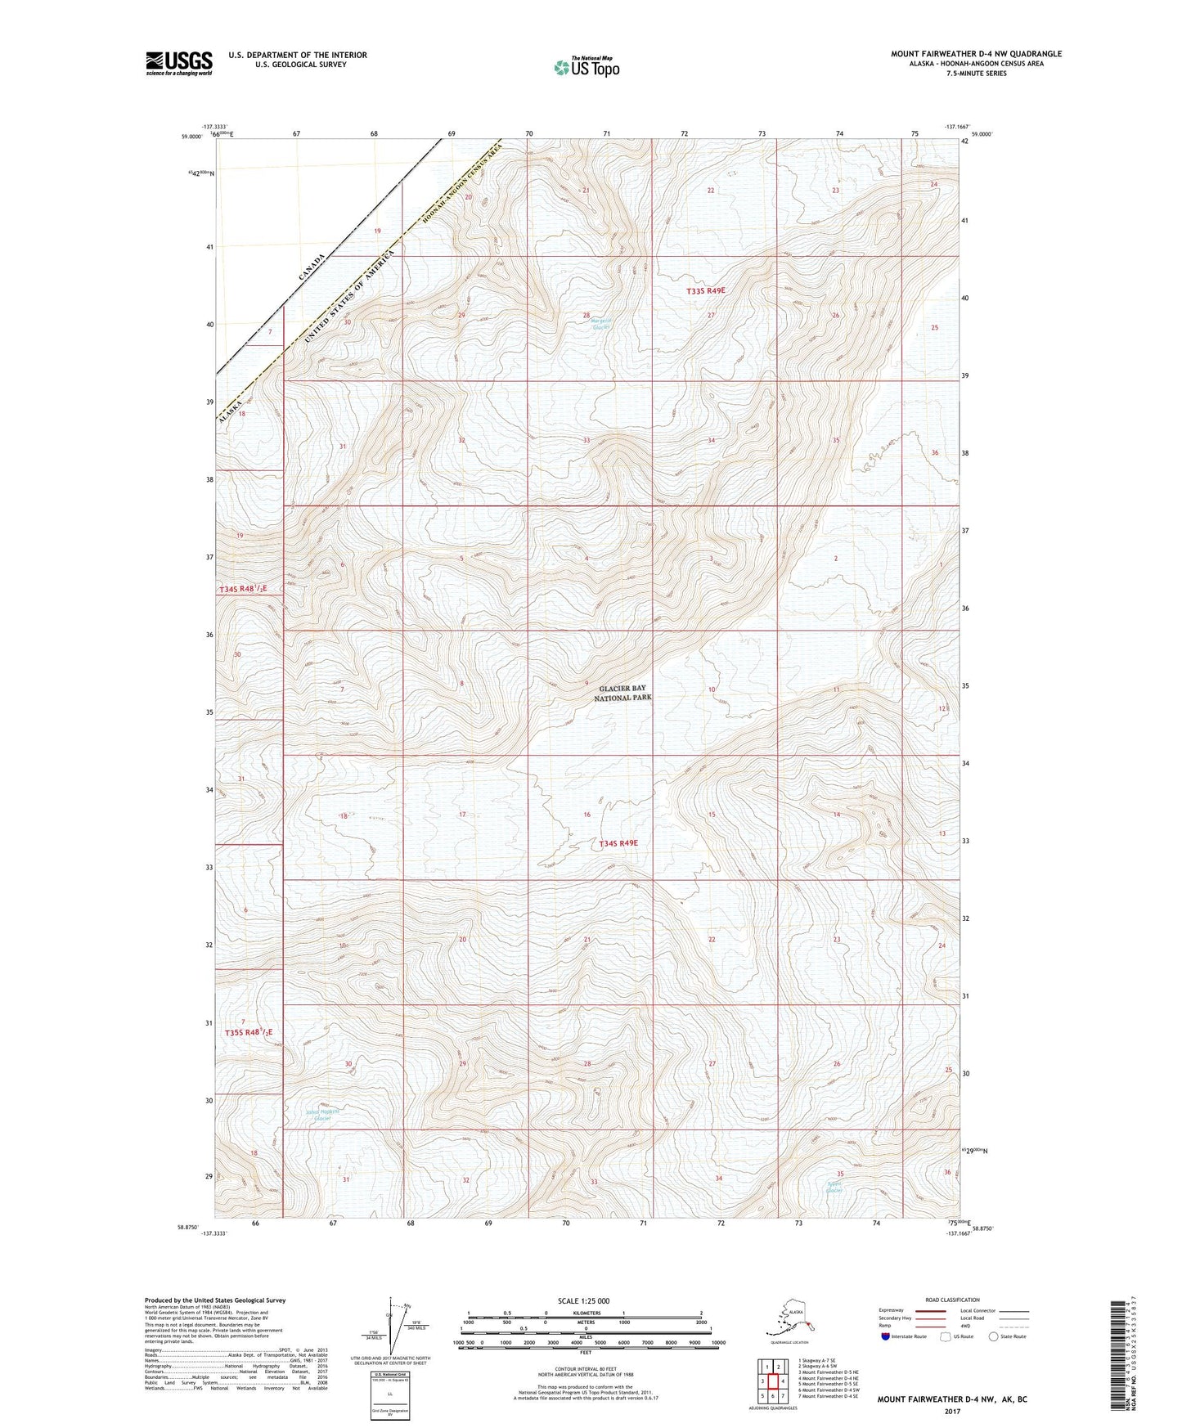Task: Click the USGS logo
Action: tap(179, 63)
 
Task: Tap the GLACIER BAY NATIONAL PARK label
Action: tap(626, 694)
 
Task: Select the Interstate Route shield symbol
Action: tap(887, 1336)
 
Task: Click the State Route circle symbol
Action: tap(993, 1336)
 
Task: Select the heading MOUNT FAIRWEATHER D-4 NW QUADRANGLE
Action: tap(976, 54)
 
